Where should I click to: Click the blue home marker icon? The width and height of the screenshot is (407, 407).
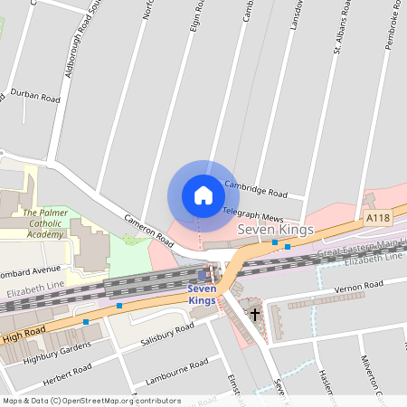point(203,195)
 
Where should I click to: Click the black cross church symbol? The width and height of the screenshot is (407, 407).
point(255,315)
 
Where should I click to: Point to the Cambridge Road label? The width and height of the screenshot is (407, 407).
point(255,189)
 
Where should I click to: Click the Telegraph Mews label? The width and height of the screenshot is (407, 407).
point(253,215)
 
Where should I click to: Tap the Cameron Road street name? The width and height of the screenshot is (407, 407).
point(149,231)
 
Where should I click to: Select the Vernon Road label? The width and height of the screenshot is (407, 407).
point(359,286)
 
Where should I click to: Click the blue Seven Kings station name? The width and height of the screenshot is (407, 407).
point(202,294)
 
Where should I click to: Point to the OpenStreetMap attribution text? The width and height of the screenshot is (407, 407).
point(91,400)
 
